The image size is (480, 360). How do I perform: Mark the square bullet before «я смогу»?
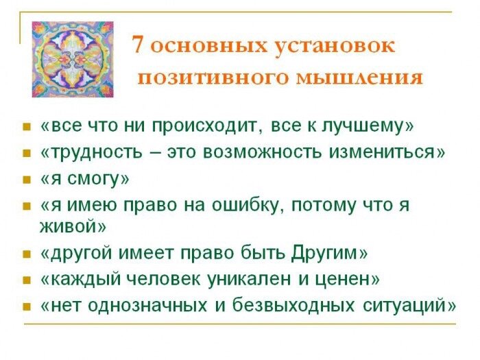27,180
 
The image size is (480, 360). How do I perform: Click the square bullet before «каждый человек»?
27,280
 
